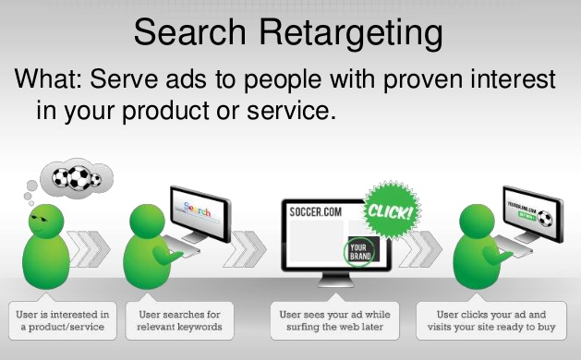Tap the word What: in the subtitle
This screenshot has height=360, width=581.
point(52,80)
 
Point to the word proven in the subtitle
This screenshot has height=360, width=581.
point(399,81)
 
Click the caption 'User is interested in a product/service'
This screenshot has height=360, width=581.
point(62,320)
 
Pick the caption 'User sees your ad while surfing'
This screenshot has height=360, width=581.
point(334,320)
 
